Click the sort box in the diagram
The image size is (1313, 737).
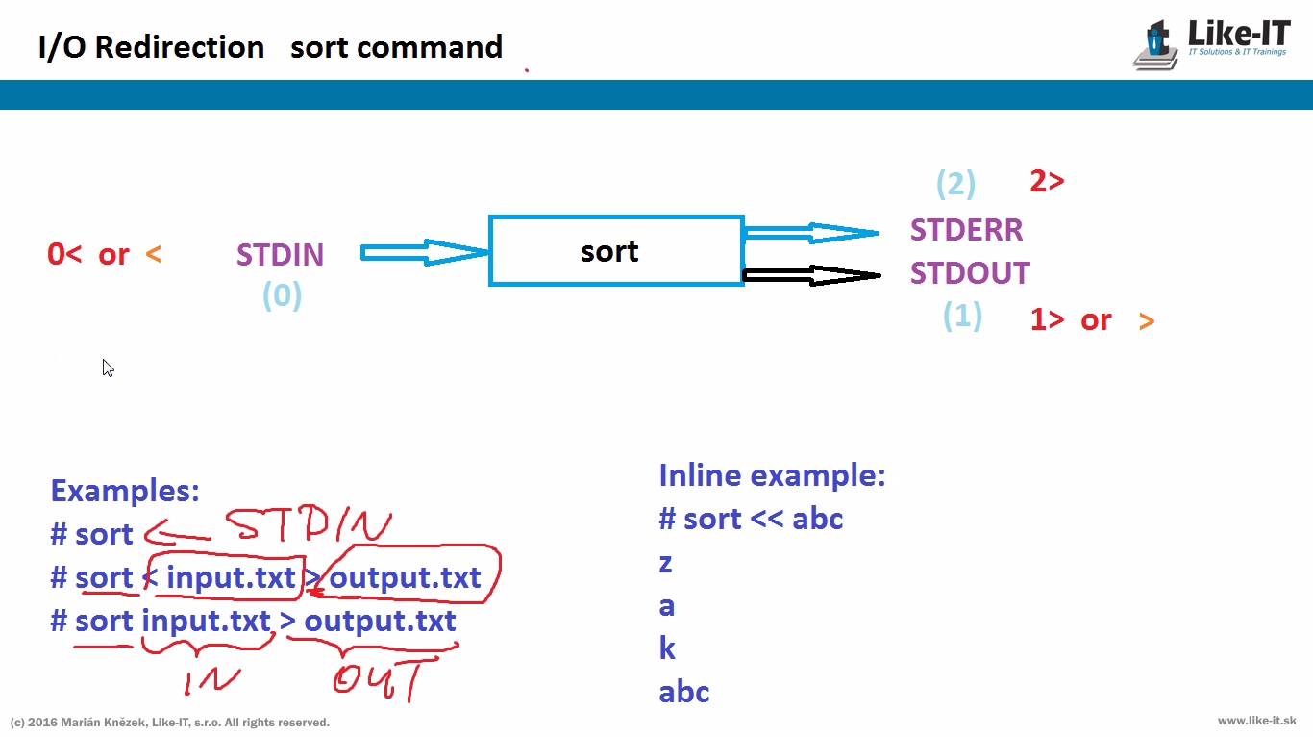(615, 251)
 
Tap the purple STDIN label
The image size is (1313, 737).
(280, 255)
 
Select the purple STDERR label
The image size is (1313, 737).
(966, 230)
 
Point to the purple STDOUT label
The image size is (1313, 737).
(970, 273)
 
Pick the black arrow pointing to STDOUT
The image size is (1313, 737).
(811, 275)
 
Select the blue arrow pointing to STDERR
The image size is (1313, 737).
(811, 232)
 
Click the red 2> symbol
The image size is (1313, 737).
(1047, 181)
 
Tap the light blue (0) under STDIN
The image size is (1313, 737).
(282, 295)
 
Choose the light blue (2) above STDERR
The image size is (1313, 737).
(955, 183)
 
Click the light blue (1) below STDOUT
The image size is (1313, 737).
(962, 316)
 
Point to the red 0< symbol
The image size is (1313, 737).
(64, 255)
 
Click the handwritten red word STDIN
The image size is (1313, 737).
(308, 525)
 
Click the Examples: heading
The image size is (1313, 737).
(125, 491)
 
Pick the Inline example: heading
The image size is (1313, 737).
(772, 475)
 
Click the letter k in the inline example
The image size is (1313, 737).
(667, 649)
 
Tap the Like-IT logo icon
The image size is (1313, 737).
(1156, 45)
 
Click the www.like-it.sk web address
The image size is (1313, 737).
(1256, 721)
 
